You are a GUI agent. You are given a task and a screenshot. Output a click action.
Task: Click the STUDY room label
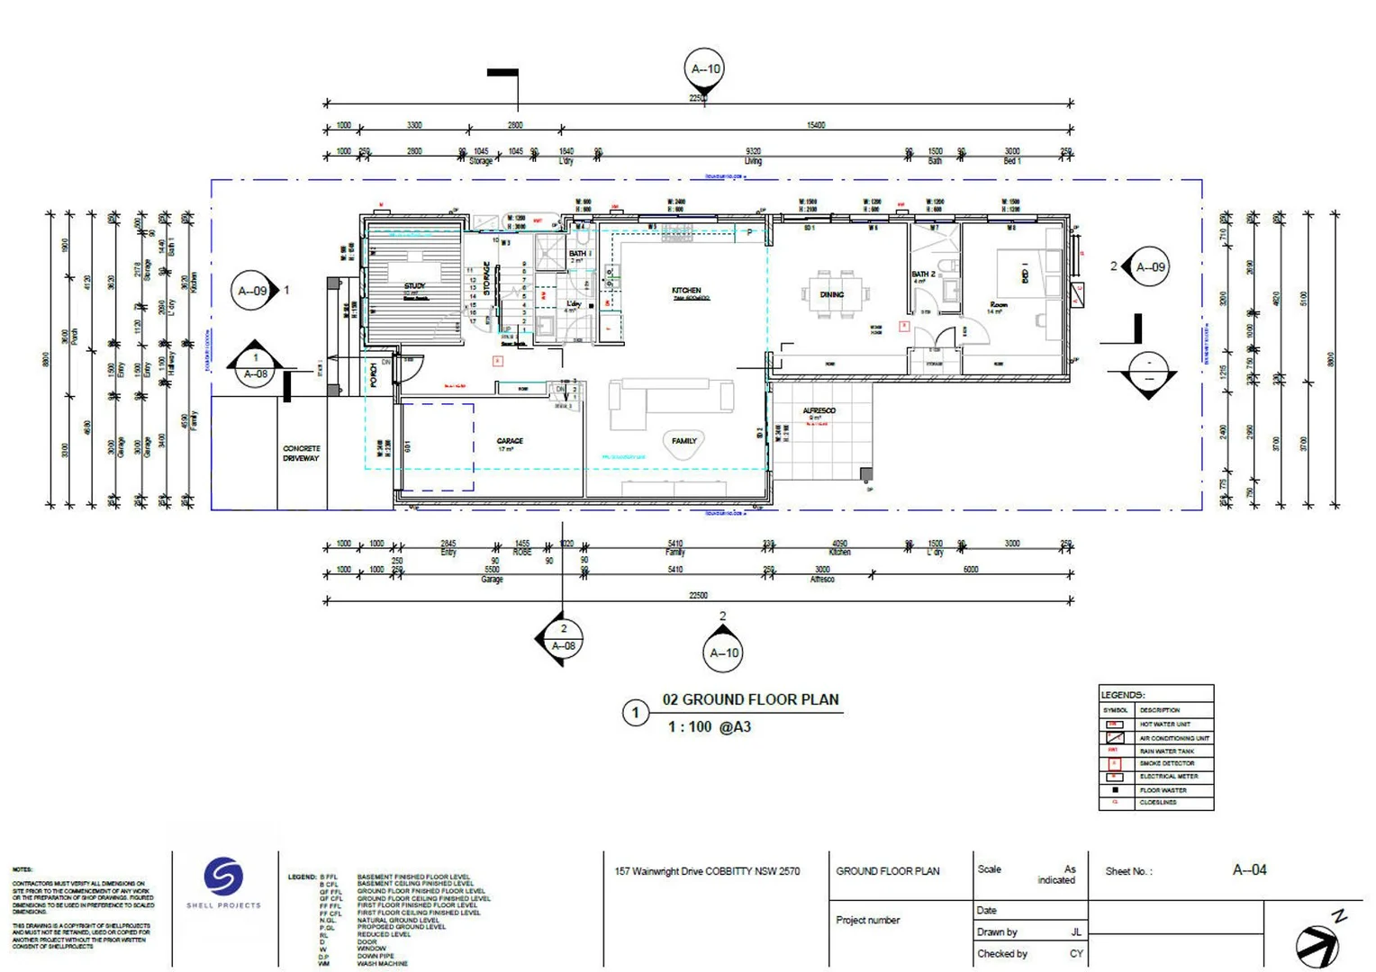[414, 286]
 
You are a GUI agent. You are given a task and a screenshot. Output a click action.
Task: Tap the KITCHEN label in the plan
[685, 291]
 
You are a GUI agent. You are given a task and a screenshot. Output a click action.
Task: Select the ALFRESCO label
[819, 410]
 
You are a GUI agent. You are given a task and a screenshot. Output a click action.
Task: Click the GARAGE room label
[509, 441]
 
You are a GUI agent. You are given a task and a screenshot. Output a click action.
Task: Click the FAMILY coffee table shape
[683, 444]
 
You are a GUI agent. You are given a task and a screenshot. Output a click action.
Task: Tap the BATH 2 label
[923, 274]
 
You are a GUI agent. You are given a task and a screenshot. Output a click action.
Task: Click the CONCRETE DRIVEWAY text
[301, 453]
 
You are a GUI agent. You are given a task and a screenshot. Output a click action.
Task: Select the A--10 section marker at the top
[705, 69]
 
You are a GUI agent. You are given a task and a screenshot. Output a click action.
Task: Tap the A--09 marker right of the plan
[1149, 267]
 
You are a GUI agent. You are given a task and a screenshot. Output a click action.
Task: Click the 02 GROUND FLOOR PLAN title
[750, 699]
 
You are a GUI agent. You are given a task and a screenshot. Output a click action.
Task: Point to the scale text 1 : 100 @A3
[709, 726]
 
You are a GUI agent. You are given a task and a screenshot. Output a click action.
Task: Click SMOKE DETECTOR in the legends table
[1166, 763]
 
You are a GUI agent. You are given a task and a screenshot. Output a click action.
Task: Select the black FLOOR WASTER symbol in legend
[1115, 789]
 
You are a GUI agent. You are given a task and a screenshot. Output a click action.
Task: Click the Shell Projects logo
[223, 877]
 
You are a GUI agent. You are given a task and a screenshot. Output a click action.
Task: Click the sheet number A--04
[1249, 869]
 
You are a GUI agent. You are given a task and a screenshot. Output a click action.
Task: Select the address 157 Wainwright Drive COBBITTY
[707, 871]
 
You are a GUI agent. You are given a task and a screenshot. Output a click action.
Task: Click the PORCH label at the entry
[374, 374]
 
